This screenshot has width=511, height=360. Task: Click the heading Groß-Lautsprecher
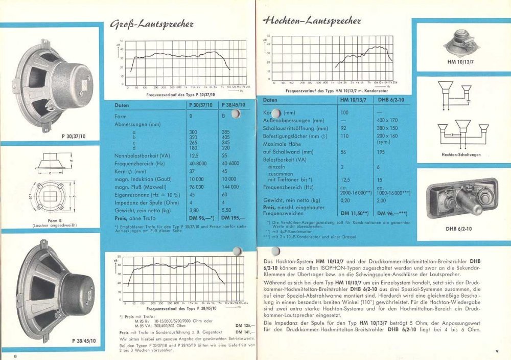(x=151, y=24)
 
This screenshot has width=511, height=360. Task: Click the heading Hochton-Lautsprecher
(x=312, y=21)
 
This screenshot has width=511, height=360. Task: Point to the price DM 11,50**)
(x=353, y=213)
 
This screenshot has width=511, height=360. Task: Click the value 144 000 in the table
(x=230, y=187)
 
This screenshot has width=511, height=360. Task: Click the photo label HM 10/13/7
(x=460, y=62)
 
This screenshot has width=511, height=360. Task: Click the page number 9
(x=497, y=350)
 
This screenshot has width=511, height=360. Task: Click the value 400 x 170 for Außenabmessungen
(x=391, y=120)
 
